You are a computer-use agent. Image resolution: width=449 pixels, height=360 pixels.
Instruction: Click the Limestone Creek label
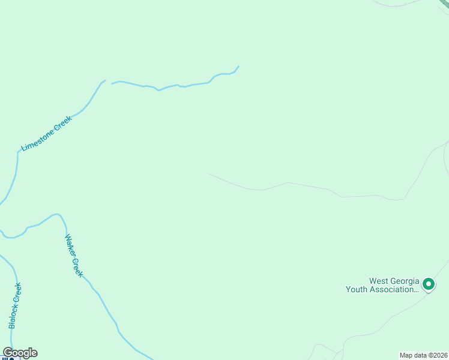[46, 133]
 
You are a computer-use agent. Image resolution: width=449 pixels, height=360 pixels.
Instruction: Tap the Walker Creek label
[74, 255]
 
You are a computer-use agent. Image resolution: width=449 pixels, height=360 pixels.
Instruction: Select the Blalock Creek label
[15, 305]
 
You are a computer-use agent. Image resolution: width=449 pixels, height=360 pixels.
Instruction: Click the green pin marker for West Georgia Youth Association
[428, 283]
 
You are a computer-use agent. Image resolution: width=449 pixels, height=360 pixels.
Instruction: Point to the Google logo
[20, 353]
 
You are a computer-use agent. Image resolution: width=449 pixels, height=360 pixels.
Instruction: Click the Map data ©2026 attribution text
[424, 355]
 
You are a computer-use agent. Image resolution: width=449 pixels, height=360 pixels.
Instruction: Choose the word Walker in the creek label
[69, 245]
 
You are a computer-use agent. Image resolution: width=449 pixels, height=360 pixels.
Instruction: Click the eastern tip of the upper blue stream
[238, 67]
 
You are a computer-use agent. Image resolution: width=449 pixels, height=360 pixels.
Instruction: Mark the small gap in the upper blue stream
[109, 82]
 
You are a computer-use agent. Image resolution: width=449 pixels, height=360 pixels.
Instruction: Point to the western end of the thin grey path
[210, 175]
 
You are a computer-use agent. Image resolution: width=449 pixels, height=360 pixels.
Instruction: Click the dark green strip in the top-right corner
[444, 4]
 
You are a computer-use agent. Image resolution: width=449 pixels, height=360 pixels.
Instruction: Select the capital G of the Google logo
[8, 353]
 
